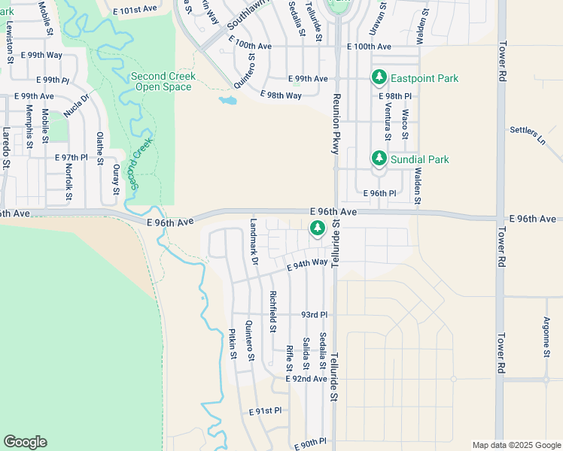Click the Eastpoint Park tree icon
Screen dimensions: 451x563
(379, 78)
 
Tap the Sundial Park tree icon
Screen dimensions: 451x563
(379, 159)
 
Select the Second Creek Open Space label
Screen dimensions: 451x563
(163, 81)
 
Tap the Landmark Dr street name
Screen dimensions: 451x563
(254, 241)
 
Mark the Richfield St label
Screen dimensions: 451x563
(273, 311)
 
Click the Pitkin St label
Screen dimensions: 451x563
(233, 344)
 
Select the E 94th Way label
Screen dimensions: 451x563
(307, 263)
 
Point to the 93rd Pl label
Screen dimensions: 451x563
(315, 314)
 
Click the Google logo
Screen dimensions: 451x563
(25, 442)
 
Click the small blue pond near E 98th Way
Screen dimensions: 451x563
(227, 100)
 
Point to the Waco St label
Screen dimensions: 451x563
(405, 123)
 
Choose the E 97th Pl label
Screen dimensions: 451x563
(72, 158)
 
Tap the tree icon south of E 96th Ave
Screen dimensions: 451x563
(318, 227)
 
